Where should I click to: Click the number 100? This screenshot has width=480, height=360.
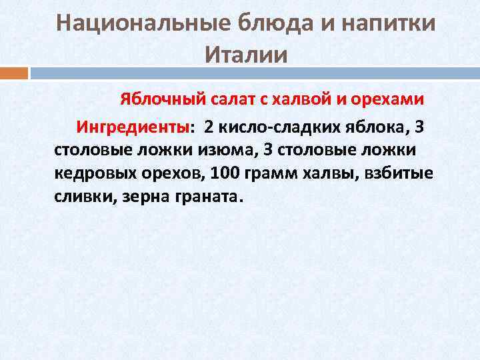tap(222, 174)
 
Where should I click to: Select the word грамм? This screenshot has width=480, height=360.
tap(264, 174)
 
